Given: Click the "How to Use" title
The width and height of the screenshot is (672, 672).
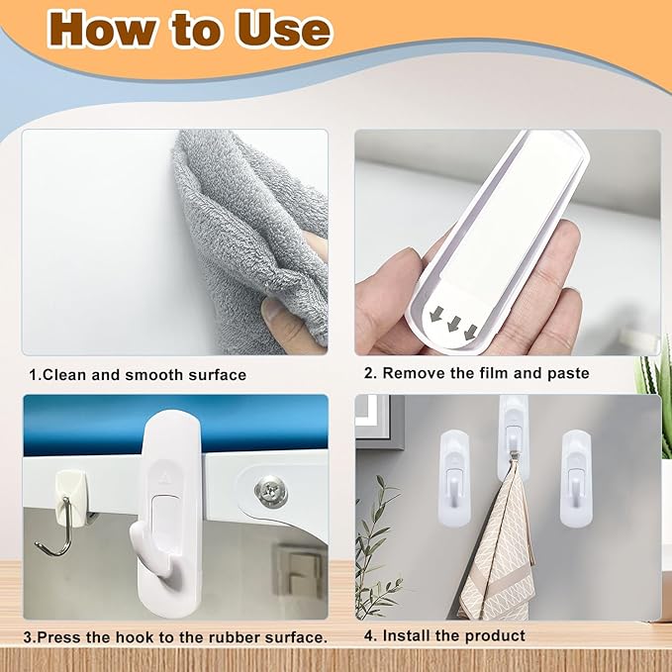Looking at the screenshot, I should pos(188,29).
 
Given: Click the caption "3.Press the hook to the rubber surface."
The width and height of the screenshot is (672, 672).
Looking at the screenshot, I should pos(175,636).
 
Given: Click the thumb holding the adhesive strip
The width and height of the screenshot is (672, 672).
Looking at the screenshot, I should pos(391,288).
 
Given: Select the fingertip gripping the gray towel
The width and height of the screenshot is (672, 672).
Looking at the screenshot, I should pos(275,310).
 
